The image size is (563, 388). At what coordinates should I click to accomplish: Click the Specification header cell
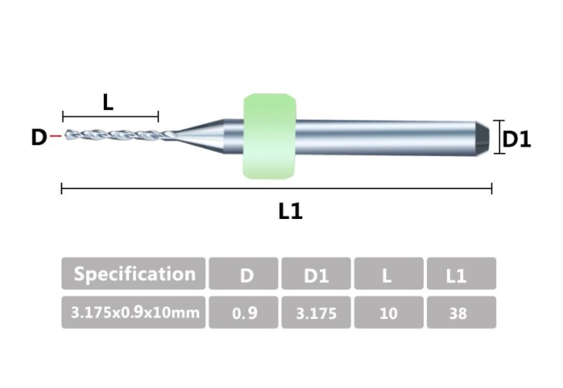pos(133,274)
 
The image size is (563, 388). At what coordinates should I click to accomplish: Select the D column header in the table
pos(245,274)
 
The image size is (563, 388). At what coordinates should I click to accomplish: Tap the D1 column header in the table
pos(316,274)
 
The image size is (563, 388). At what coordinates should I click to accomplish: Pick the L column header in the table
pos(388,274)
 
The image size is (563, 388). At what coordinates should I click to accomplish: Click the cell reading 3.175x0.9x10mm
pos(133,313)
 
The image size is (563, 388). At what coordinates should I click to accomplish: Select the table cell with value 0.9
pos(245,313)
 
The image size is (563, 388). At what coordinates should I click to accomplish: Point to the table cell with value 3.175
pos(316,313)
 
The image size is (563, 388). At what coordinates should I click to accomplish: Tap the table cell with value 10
pos(388,313)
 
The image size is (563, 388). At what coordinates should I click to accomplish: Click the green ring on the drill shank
pos(269,137)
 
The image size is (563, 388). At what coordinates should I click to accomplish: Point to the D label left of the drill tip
pos(38,138)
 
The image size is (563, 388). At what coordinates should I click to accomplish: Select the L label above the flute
pos(108,101)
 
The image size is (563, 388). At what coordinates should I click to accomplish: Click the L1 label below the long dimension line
pos(290,211)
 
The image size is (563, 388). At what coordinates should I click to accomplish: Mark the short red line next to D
pos(55,137)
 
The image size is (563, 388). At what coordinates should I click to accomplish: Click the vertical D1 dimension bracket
pos(499,137)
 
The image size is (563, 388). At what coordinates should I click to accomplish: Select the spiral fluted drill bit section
pos(115,135)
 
